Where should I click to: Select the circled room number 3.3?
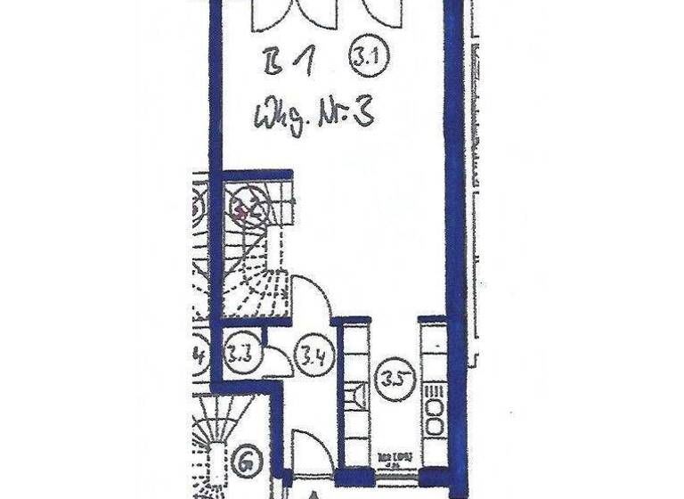coord(240,350)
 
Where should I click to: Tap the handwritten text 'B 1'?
coord(288,64)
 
